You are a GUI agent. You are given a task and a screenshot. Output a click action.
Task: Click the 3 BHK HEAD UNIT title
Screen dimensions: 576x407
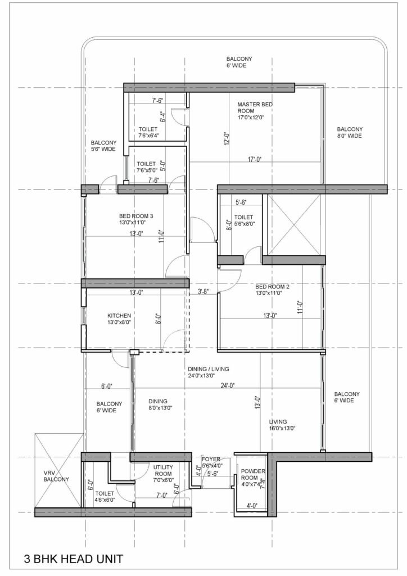[x=73, y=560]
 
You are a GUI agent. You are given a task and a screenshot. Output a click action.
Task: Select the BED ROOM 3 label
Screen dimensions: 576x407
[x=135, y=219]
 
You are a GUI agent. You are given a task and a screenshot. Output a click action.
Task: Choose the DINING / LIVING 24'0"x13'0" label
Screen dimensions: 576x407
[x=209, y=373]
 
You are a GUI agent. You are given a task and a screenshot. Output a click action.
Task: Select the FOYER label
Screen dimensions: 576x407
[x=211, y=462]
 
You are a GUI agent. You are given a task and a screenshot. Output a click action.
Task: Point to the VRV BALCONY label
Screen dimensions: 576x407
[x=56, y=475]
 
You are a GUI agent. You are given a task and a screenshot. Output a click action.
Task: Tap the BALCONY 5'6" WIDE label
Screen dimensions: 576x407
[x=100, y=146]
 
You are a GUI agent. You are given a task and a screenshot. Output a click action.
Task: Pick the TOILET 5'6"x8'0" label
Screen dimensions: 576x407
[x=243, y=220]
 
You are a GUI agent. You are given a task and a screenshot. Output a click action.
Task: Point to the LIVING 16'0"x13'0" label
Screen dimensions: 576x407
[x=282, y=425]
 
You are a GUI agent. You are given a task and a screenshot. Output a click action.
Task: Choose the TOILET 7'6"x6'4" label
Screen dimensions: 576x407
[x=149, y=132]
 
